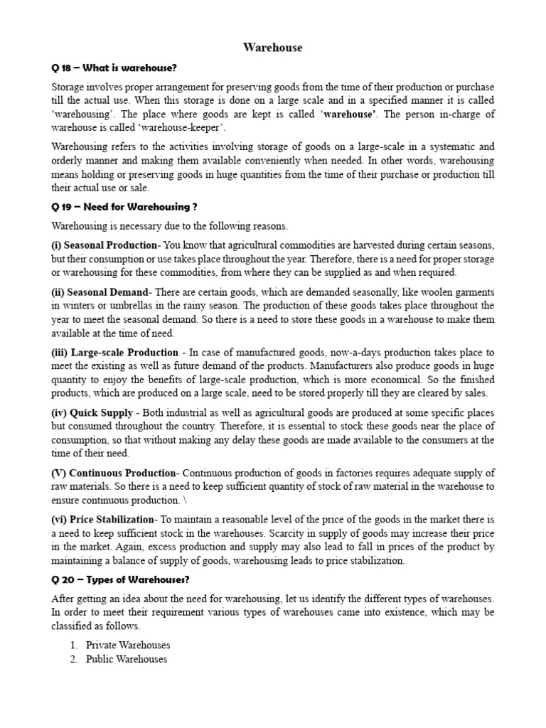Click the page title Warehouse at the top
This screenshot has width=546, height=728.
point(272,48)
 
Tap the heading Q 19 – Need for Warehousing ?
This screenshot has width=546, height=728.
point(124,207)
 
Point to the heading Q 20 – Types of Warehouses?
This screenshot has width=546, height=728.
point(124,577)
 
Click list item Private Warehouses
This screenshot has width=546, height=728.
point(128,646)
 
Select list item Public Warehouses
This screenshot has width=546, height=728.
point(127,659)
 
